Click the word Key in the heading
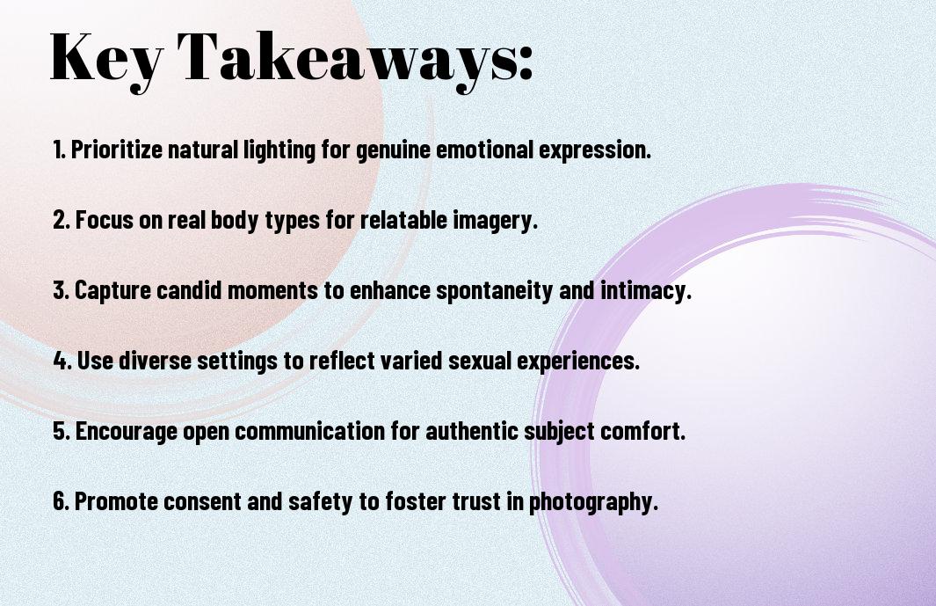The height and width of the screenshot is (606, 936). [106, 59]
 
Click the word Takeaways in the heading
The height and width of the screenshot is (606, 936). [344, 59]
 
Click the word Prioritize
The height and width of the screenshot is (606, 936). [117, 150]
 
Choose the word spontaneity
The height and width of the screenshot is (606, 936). [494, 291]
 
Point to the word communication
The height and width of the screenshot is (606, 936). [310, 431]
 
